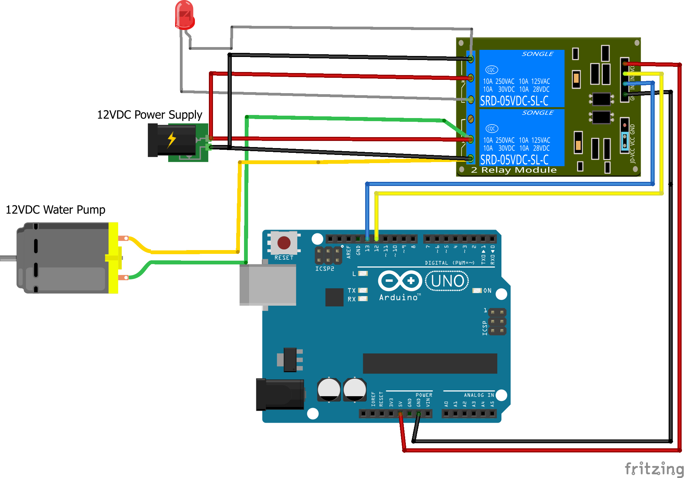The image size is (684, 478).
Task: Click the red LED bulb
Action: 185,15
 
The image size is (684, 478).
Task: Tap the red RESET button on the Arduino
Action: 284,243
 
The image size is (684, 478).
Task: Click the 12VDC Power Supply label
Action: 149,115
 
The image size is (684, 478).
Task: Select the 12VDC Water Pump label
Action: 55,209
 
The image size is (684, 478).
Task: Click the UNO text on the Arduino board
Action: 447,281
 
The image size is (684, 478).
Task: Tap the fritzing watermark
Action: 654,469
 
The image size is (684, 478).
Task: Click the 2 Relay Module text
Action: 514,170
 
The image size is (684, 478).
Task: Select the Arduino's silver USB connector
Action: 268,285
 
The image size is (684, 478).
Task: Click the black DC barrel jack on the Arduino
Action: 280,394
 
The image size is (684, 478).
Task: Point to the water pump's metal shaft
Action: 8,258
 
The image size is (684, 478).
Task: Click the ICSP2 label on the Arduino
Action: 325,269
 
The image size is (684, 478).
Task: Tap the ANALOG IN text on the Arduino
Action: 479,395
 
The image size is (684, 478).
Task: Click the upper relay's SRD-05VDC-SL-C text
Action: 514,101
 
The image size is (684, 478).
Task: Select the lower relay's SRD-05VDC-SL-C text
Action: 514,160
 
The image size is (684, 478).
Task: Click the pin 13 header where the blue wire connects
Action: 367,238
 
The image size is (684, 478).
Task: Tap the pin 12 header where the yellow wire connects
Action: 376,238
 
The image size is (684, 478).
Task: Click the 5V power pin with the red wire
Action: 400,414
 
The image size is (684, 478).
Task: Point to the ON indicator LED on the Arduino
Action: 477,291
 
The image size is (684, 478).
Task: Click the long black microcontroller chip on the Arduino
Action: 430,363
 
